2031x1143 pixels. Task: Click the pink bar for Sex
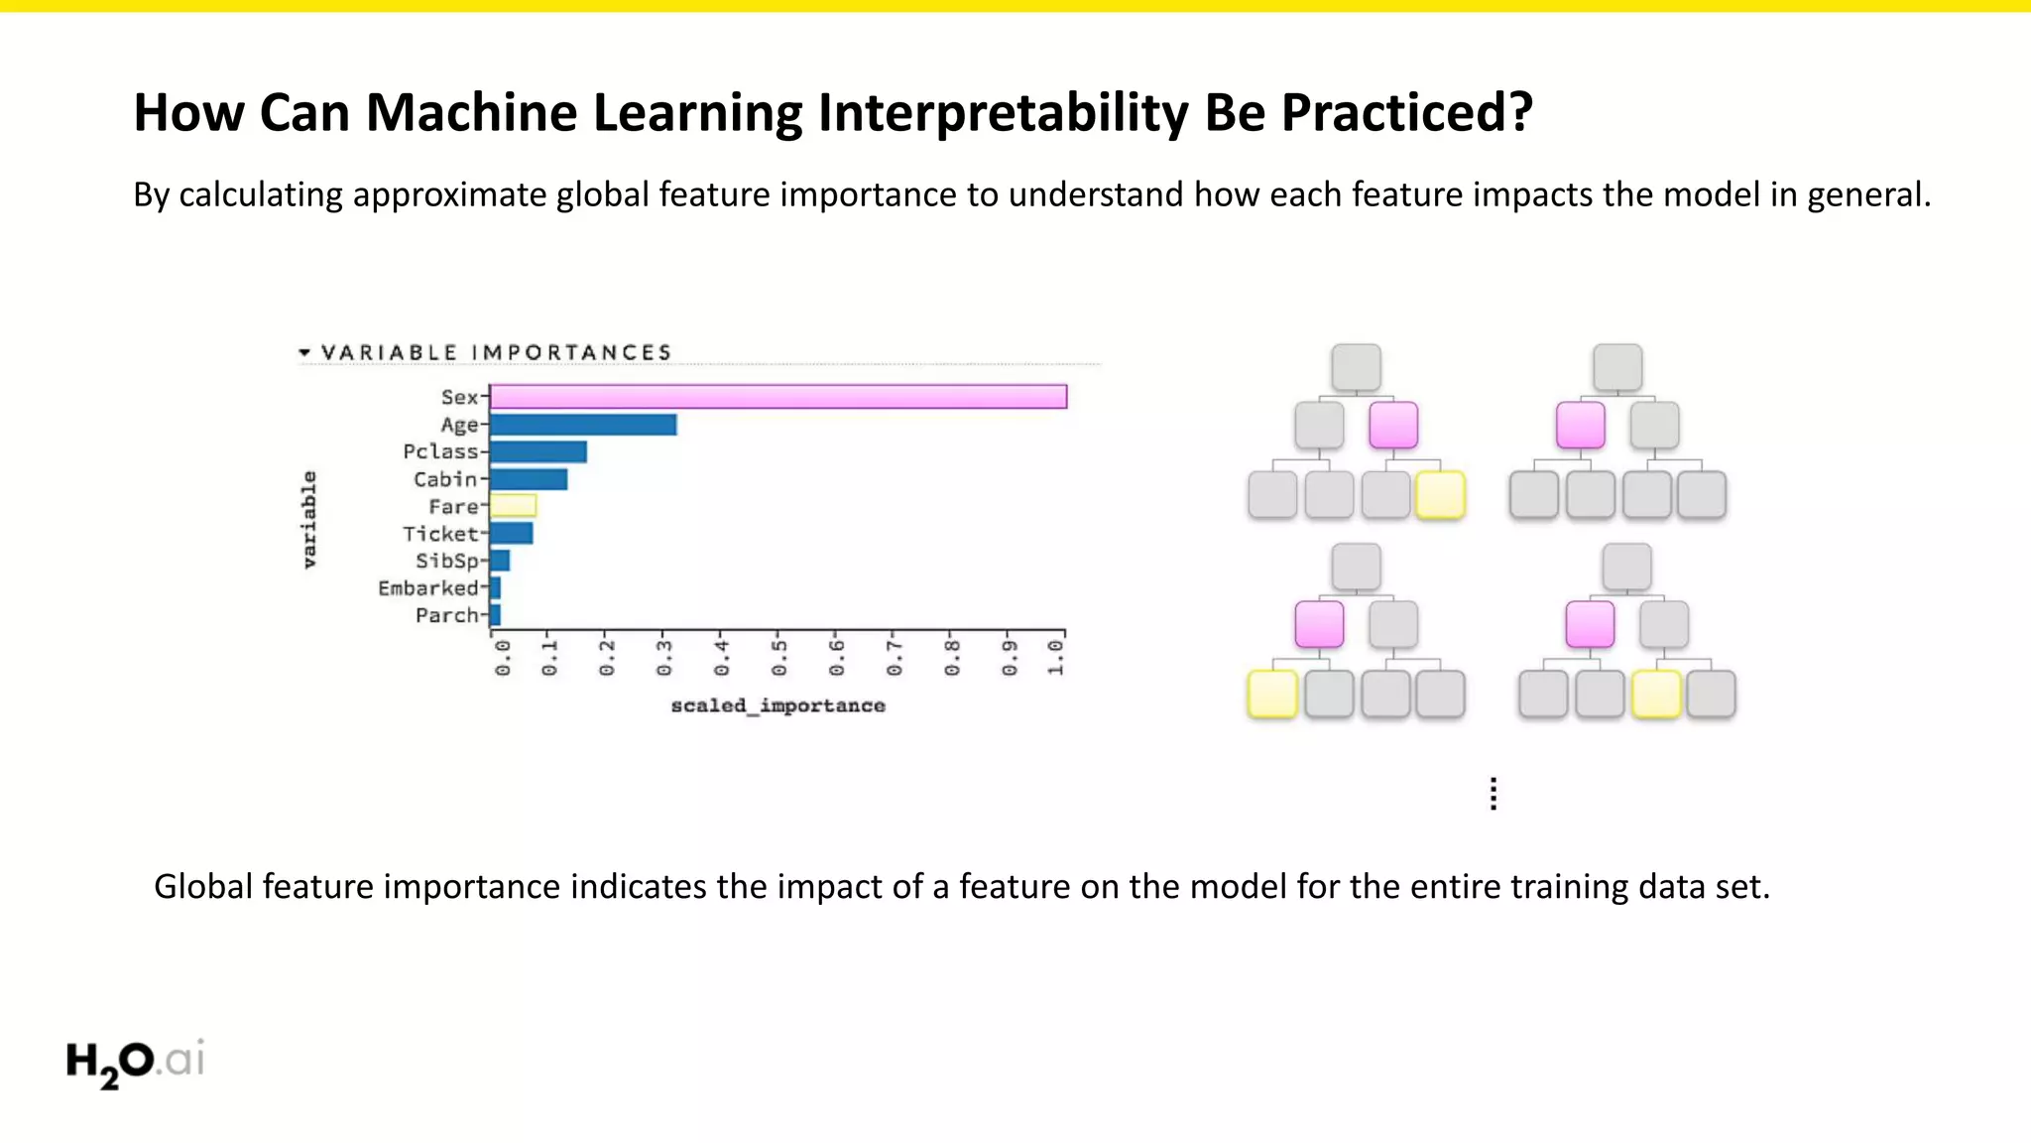778,397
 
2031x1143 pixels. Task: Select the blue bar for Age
583,425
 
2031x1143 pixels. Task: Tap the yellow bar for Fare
513,506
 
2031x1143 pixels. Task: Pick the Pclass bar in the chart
538,452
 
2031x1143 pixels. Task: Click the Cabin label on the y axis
445,479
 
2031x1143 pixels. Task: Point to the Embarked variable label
427,588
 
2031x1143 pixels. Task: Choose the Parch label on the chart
446,615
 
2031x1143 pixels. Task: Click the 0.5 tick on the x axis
778,658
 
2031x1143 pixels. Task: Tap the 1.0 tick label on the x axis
1055,658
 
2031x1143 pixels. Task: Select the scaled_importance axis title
777,705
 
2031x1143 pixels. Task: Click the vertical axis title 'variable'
308,520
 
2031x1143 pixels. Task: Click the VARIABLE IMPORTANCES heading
496,352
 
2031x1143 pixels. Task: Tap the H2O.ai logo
136,1062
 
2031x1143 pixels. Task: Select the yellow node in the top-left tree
1440,495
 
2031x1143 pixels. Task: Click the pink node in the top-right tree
1580,426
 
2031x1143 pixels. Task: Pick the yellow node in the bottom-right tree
1656,694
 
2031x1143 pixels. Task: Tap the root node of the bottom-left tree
1356,568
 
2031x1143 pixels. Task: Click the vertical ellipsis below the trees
1493,794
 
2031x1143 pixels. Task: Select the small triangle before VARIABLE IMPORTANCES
304,352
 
